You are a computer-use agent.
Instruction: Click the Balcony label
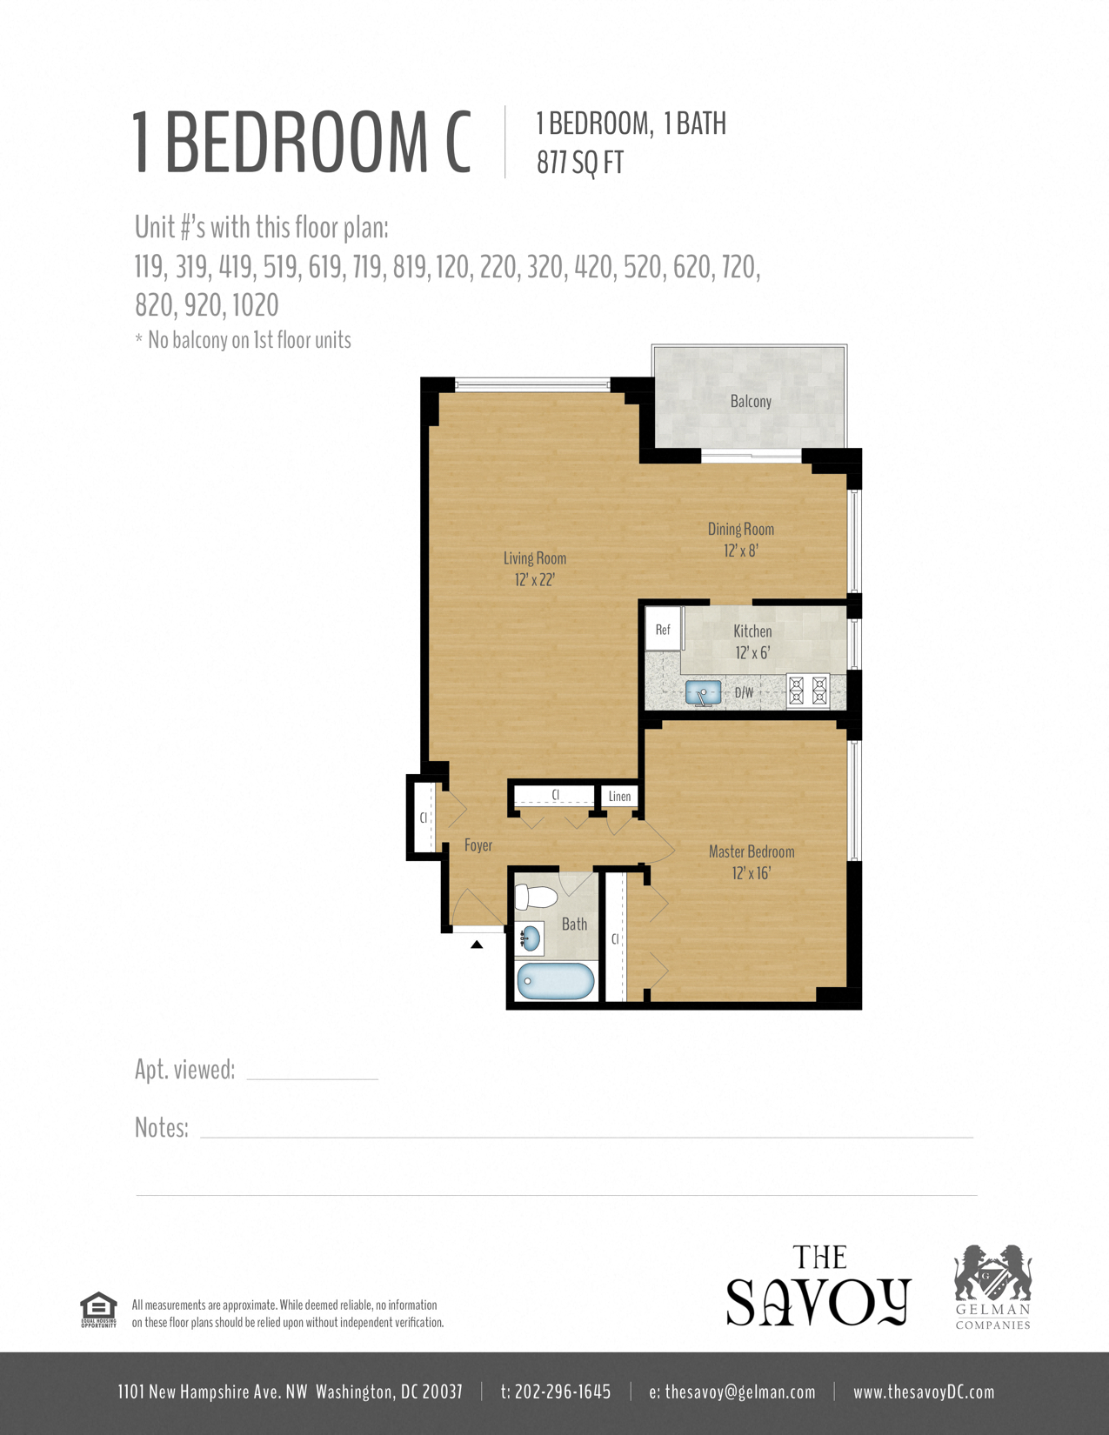pos(751,401)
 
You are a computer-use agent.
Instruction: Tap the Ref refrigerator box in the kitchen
pos(663,630)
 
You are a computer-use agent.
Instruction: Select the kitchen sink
pos(703,693)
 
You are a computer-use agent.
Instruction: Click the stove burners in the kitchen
pos(808,691)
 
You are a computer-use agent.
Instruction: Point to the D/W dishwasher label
pos(744,693)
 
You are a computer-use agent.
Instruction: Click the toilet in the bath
pos(536,897)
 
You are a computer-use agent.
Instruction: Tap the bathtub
pos(556,981)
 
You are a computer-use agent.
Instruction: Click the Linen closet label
pos(619,796)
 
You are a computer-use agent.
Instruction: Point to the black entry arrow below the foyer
pos(477,944)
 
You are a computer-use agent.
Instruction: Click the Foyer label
pos(478,845)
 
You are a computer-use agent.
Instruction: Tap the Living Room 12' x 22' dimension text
pos(534,580)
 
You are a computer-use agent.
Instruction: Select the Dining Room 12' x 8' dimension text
pos(741,551)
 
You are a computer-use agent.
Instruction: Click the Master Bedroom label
pos(752,851)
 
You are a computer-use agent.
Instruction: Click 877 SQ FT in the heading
pos(580,163)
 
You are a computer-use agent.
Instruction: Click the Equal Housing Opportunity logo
pos(98,1310)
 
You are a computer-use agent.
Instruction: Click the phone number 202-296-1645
pos(562,1392)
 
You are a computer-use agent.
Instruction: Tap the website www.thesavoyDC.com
pos(924,1392)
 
